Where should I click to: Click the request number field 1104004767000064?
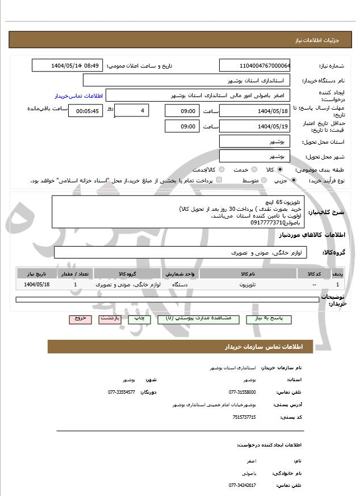[x=255, y=65]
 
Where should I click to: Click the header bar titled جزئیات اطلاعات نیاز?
[x=180, y=40]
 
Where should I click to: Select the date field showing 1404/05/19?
[x=255, y=126]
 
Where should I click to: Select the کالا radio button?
[x=280, y=169]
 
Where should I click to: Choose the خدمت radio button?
[x=253, y=169]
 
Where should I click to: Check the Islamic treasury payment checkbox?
[x=219, y=180]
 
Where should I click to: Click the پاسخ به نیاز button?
[x=269, y=319]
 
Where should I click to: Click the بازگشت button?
[x=110, y=319]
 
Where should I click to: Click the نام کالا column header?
[x=248, y=274]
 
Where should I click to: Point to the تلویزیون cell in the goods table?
[x=248, y=284]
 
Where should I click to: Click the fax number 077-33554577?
[x=122, y=392]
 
